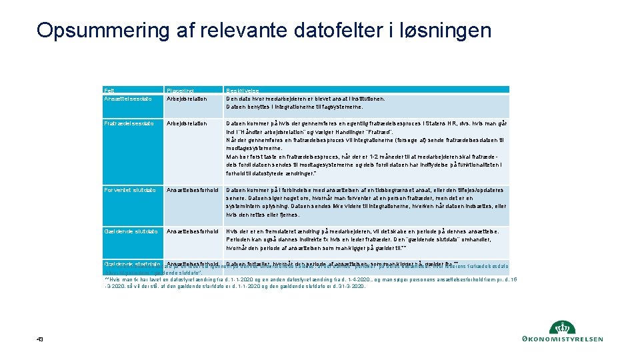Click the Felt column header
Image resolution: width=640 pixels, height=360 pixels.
[109, 89]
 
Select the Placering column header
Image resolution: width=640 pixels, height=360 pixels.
[181, 89]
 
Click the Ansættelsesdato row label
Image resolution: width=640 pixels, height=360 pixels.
[128, 99]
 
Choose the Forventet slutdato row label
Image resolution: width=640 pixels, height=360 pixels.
[131, 190]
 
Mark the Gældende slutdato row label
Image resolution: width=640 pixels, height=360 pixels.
[131, 231]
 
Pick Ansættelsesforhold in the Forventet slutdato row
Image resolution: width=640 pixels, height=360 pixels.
[193, 190]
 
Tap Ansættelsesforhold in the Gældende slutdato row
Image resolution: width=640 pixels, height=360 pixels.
[193, 231]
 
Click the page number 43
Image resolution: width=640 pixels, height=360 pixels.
[40, 339]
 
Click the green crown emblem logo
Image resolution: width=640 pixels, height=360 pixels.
[561, 327]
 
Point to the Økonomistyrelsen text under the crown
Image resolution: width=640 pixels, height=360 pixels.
[561, 339]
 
